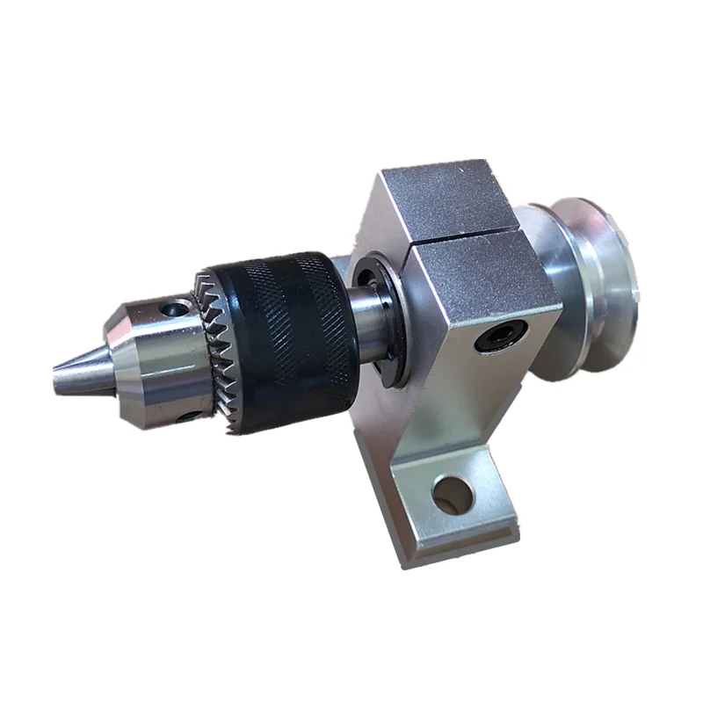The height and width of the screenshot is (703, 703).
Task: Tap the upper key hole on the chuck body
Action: click(x=181, y=308)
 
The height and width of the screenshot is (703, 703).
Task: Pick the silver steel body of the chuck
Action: click(x=154, y=360)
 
